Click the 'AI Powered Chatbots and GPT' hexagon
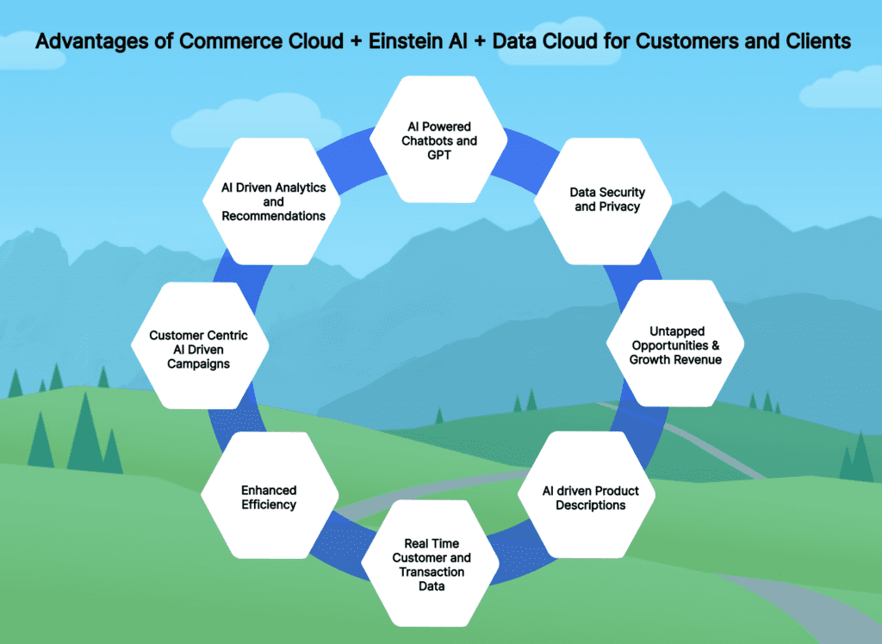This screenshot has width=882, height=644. pyautogui.click(x=438, y=139)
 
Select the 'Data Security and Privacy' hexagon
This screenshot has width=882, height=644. pyautogui.click(x=603, y=201)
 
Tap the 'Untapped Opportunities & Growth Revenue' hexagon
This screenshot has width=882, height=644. pyautogui.click(x=675, y=343)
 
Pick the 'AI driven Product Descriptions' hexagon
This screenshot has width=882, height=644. pyautogui.click(x=587, y=495)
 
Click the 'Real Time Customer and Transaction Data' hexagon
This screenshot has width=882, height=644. pyautogui.click(x=431, y=563)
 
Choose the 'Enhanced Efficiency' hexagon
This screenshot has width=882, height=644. pyautogui.click(x=270, y=495)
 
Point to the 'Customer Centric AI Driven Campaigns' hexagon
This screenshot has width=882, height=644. pyautogui.click(x=200, y=345)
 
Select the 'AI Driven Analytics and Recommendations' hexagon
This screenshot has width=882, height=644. pyautogui.click(x=271, y=201)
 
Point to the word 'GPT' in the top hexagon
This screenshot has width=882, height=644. pyautogui.click(x=439, y=155)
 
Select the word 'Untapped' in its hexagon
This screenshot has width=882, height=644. pyautogui.click(x=677, y=331)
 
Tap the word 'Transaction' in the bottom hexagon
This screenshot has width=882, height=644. pyautogui.click(x=432, y=572)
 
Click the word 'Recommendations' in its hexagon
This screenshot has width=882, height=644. pyautogui.click(x=273, y=216)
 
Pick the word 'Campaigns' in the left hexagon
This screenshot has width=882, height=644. pyautogui.click(x=199, y=364)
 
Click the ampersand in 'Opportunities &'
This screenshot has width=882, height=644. pyautogui.click(x=715, y=344)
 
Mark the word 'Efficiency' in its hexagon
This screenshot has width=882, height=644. pyautogui.click(x=269, y=505)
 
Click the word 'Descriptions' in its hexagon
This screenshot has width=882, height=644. pyautogui.click(x=591, y=505)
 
